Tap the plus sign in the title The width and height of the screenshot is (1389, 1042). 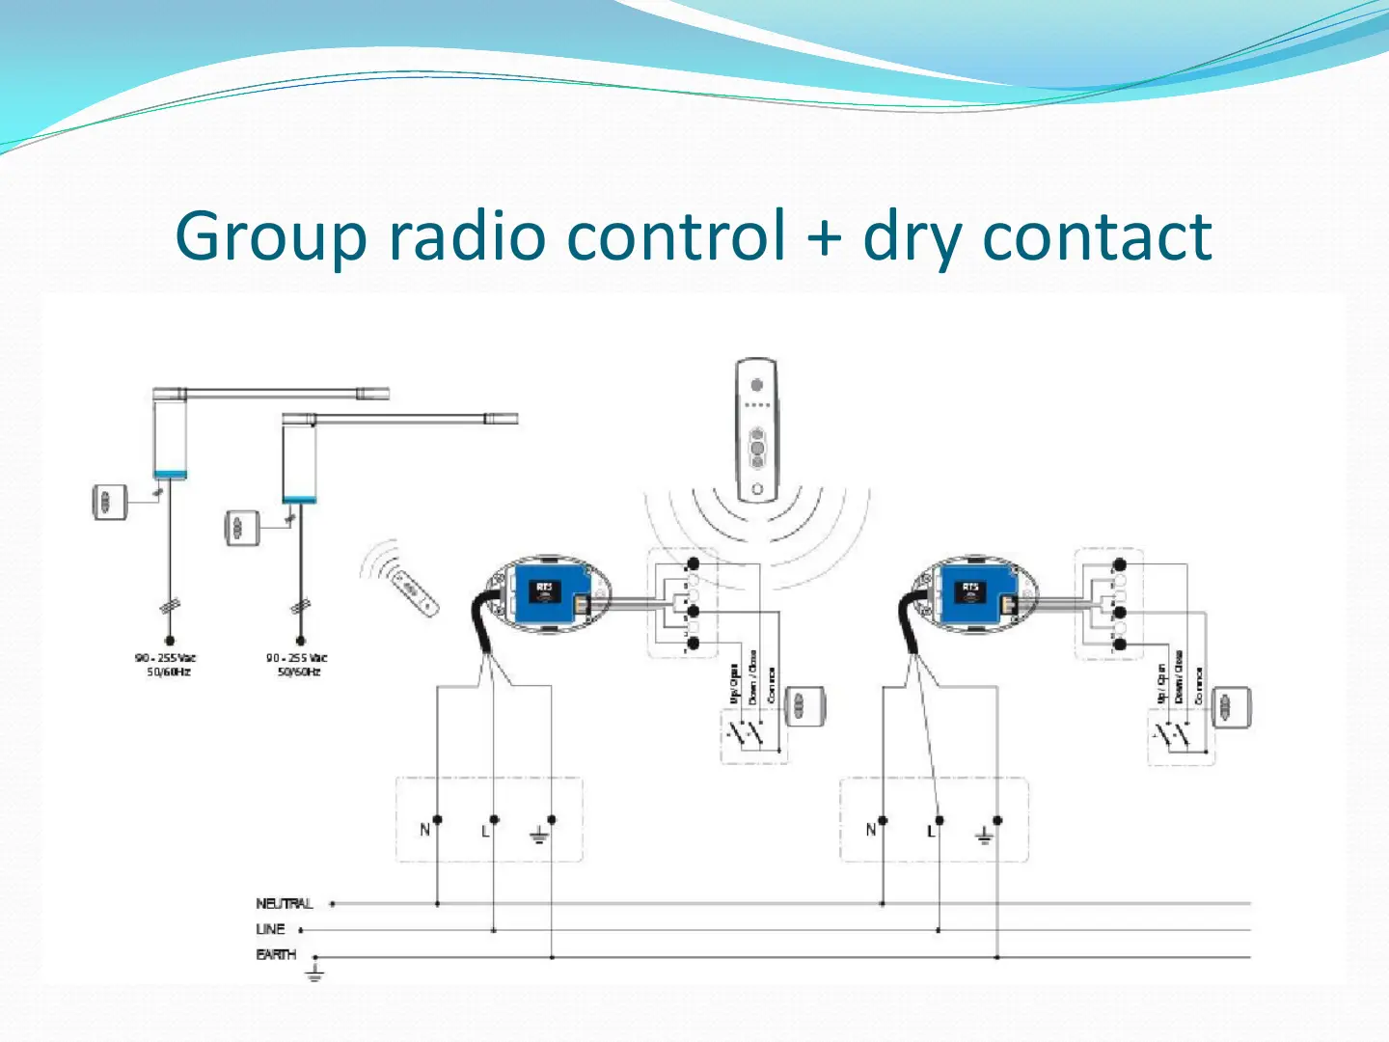[823, 237]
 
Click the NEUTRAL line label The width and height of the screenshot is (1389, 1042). [285, 904]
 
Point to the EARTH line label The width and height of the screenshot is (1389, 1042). [276, 954]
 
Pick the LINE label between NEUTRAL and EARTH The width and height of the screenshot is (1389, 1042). [270, 929]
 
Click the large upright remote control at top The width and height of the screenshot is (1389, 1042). [757, 430]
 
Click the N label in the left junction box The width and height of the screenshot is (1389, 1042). [424, 830]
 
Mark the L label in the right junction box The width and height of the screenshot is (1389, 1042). [931, 831]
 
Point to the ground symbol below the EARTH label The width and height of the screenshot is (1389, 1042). [314, 973]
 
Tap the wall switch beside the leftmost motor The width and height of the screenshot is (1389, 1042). [109, 502]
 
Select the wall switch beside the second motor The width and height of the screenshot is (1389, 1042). [242, 528]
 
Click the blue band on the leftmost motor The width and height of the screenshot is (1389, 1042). [170, 474]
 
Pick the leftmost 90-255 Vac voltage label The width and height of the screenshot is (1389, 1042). [166, 664]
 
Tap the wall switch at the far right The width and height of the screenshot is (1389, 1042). [1231, 707]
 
